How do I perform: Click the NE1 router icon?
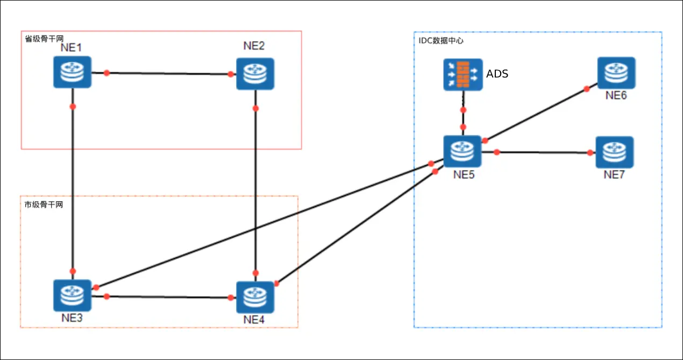72,72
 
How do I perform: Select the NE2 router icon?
255,74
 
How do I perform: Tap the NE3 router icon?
72,295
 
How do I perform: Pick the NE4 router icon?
255,297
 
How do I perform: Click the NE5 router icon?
462,151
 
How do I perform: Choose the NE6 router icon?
616,73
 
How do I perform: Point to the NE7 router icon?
615,152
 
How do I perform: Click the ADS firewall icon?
463,74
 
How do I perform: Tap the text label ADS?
497,74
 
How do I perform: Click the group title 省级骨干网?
44,39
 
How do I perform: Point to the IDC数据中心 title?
441,40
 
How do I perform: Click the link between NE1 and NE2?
169,73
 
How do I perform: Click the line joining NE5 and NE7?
543,153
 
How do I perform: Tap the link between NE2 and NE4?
255,188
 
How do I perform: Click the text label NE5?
463,174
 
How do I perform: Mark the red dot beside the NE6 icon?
587,89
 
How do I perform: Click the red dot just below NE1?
73,107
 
